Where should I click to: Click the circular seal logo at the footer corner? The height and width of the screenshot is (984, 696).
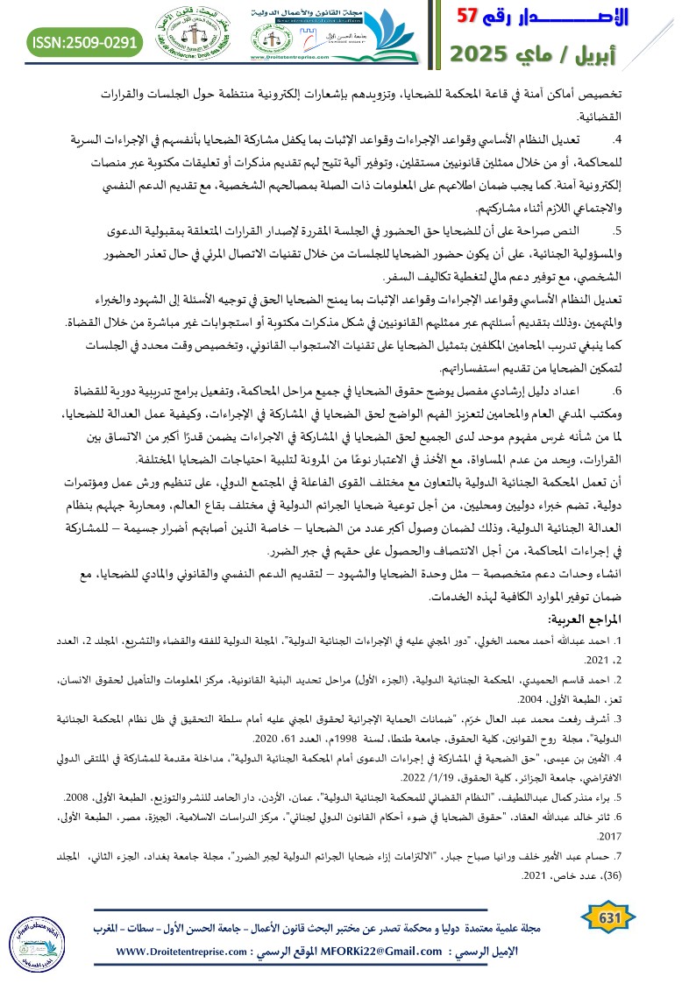(x=35, y=930)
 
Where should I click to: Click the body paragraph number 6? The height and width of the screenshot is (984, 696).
(x=617, y=365)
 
